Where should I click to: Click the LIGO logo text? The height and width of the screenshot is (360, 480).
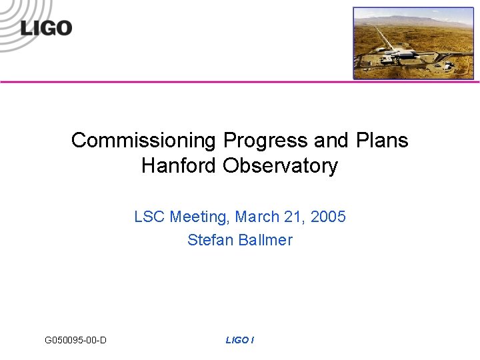point(46,28)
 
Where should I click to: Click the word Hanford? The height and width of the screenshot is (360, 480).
point(179,165)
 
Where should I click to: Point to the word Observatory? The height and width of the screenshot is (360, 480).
point(281,165)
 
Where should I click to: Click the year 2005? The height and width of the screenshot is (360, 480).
point(328,217)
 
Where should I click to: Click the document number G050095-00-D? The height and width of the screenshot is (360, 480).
point(75,341)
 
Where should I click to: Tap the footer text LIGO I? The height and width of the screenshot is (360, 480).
point(239,341)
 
